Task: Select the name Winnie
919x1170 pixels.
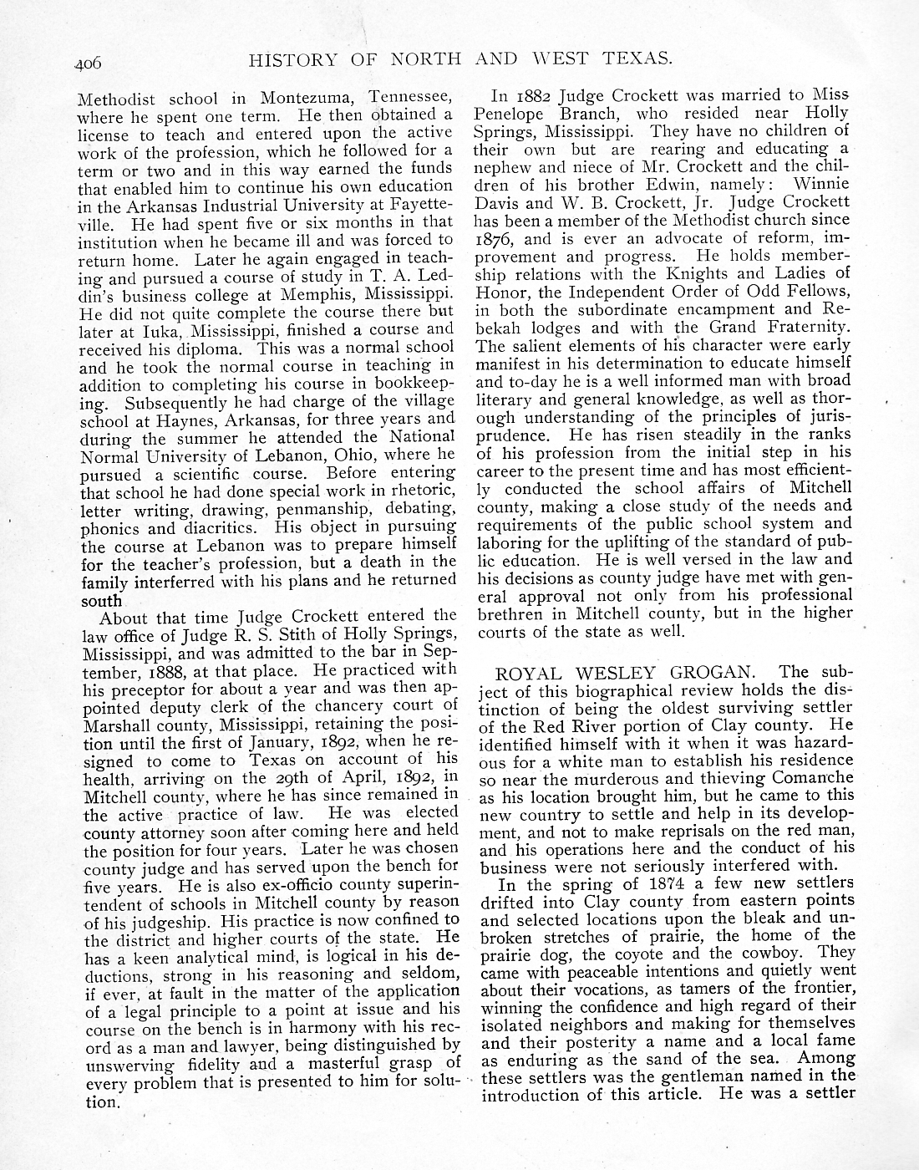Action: coord(820,183)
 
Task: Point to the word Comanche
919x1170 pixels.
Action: coord(801,778)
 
